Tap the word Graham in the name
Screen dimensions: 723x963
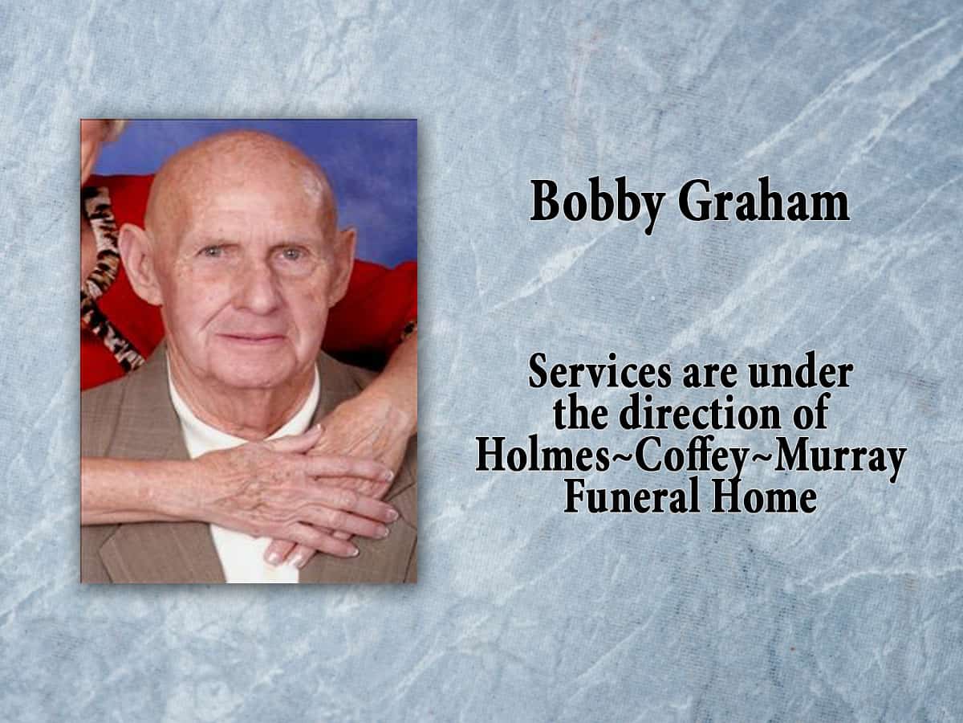(x=763, y=202)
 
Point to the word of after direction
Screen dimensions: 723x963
(x=808, y=415)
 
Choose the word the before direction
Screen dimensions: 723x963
(x=581, y=415)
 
